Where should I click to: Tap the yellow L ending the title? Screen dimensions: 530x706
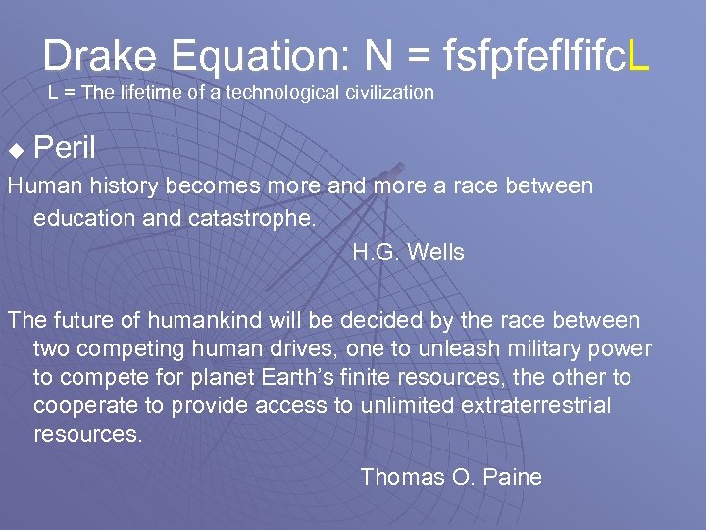[637, 56]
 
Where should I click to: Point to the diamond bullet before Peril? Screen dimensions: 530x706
[15, 151]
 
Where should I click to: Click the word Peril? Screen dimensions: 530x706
[65, 149]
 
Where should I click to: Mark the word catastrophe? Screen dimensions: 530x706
[256, 217]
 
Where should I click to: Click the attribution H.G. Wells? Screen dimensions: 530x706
[408, 252]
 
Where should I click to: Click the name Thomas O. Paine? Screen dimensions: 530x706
[451, 477]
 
